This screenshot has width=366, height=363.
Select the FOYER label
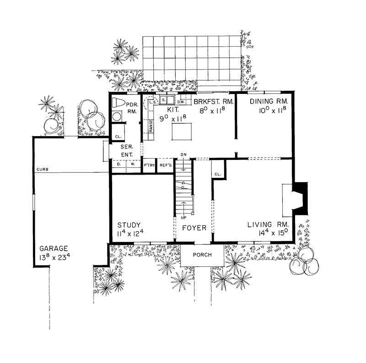click(x=194, y=227)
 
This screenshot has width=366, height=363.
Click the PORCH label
click(x=202, y=255)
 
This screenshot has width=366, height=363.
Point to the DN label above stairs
click(x=183, y=154)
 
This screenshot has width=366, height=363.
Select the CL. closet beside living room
click(x=218, y=174)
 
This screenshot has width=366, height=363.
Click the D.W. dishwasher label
click(x=180, y=102)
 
